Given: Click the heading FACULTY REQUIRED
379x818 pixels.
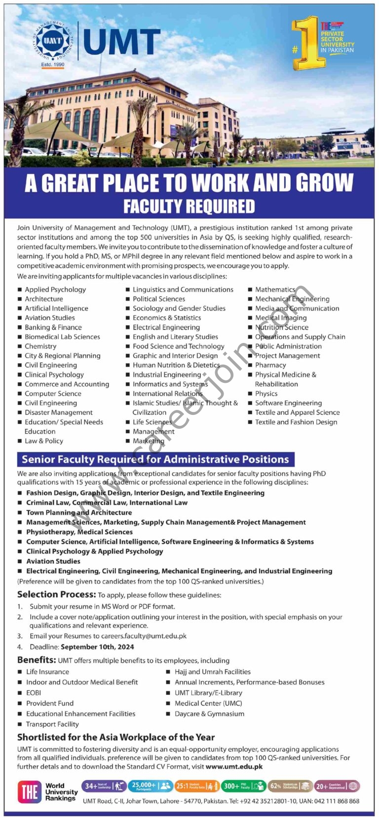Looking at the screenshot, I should pos(189,206).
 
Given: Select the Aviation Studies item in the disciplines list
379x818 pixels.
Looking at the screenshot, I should pos(50,318).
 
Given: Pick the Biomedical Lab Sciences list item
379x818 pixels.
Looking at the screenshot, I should pos(62,337).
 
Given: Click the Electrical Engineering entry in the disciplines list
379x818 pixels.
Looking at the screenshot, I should pos(166,327).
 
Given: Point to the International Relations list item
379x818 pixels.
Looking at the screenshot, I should pos(167,394).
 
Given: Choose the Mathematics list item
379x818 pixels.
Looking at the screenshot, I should pos(275,290).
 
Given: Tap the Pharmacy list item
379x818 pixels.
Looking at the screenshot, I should pos(270,365).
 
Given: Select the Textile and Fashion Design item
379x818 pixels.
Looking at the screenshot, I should pos(296,422).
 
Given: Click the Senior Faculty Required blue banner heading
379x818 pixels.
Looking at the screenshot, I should pos(155,459).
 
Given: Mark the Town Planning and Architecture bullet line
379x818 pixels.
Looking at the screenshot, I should pos(79,512).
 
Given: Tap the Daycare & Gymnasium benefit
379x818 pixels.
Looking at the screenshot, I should pos(209,714).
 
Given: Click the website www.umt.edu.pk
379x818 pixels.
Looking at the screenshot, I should pos(234,767).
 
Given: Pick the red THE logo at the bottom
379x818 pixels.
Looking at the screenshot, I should pos(30,792).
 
